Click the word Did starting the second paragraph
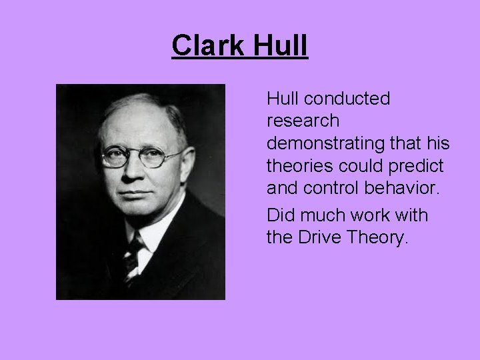(x=279, y=215)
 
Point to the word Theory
(x=381, y=238)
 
